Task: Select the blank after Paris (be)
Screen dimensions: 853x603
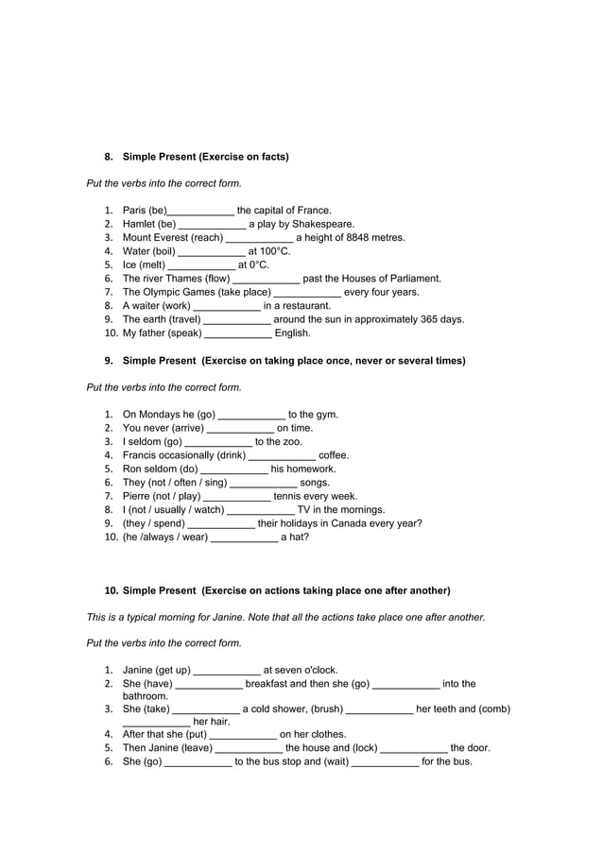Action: click(200, 211)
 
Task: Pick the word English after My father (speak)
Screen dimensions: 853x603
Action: click(292, 333)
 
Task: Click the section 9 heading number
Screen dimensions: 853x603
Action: click(109, 361)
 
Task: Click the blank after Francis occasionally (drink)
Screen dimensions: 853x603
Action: click(283, 454)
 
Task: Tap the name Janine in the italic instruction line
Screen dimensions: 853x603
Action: click(231, 617)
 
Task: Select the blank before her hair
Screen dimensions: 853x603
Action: click(156, 723)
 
